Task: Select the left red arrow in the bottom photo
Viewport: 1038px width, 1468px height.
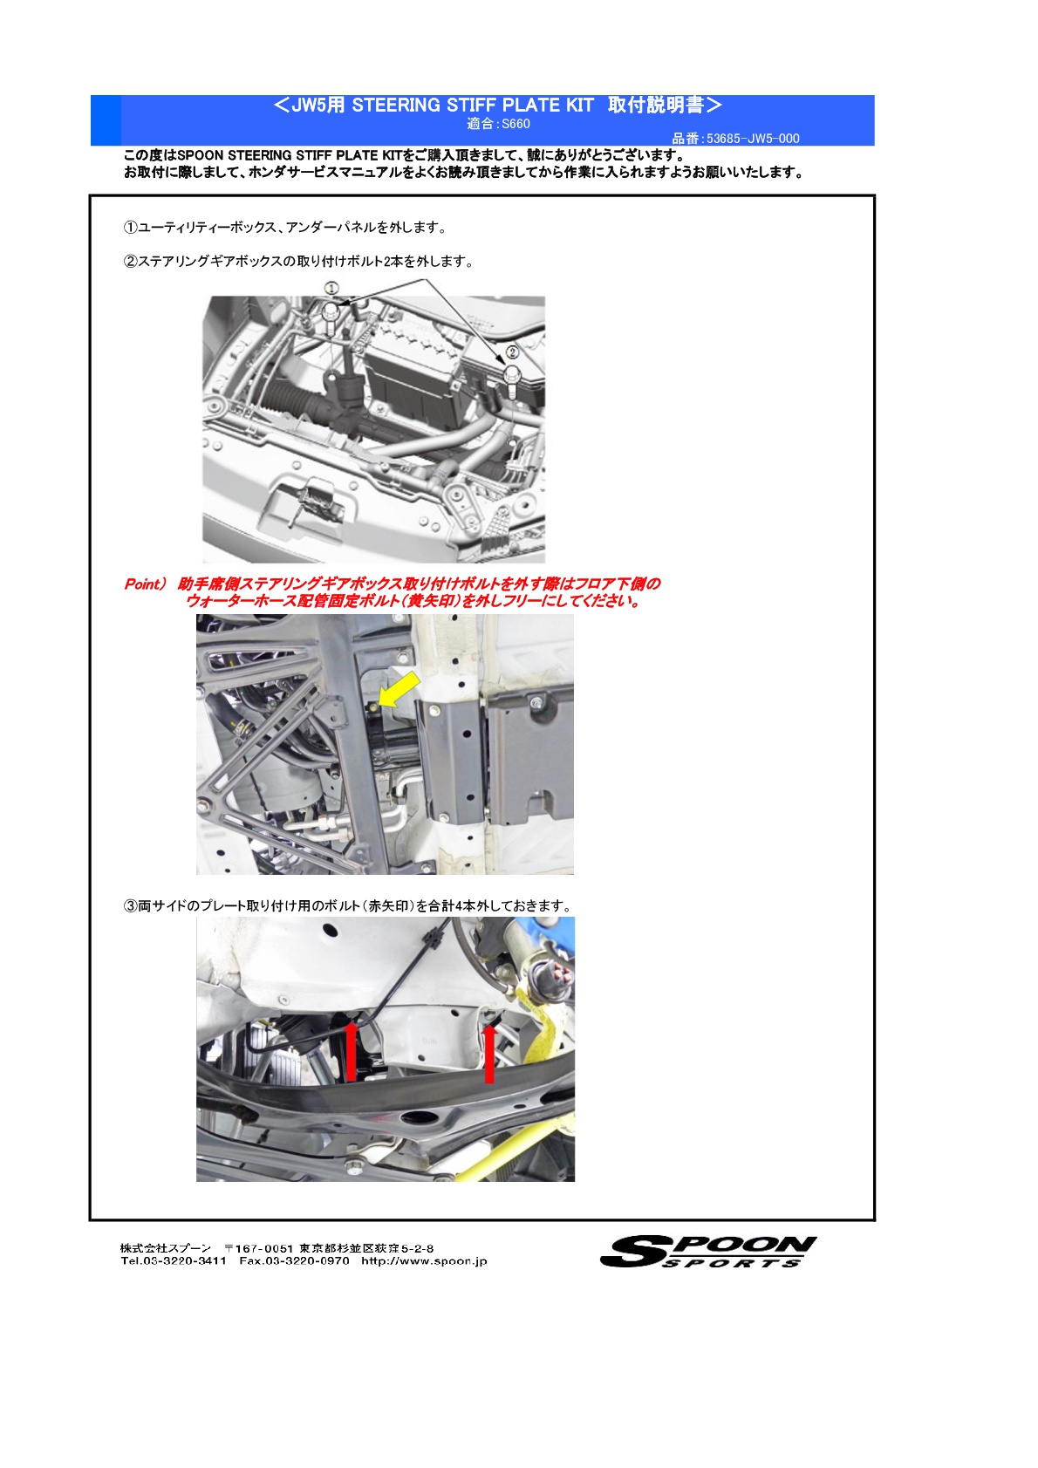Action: pos(351,1051)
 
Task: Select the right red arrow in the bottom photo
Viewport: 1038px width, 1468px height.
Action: pos(489,1053)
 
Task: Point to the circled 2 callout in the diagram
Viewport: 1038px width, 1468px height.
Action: pos(512,352)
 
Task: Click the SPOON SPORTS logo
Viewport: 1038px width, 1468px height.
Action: pos(707,1251)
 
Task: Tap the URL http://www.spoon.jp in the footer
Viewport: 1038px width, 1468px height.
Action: pos(424,1260)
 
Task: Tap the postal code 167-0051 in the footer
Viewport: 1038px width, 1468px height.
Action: pos(265,1248)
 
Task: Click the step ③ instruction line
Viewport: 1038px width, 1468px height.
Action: pos(347,905)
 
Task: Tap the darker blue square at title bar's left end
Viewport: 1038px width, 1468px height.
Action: pos(106,120)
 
